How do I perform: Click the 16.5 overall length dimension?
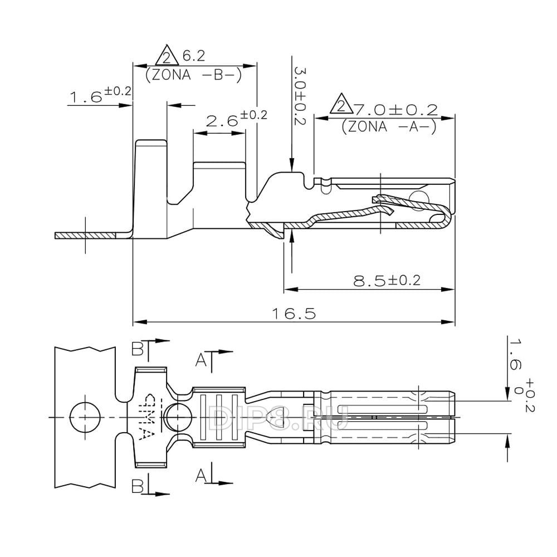coord(294,314)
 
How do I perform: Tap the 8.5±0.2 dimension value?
coord(387,281)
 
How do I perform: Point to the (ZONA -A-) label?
coord(388,126)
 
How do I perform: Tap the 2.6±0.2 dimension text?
coord(229,119)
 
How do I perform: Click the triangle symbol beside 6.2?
coord(165,57)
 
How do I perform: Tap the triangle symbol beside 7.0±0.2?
coord(340,106)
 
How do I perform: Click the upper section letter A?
coord(202,360)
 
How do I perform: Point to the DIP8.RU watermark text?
coord(278,417)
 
